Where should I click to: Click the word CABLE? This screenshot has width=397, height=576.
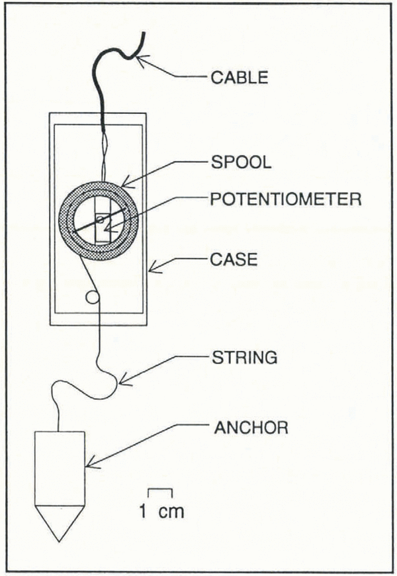click(x=239, y=77)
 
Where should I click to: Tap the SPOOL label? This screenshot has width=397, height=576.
click(x=241, y=163)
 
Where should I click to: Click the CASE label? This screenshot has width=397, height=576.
click(x=233, y=260)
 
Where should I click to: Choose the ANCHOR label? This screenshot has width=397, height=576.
click(x=251, y=427)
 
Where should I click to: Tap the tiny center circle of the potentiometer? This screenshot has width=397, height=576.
click(x=99, y=219)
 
